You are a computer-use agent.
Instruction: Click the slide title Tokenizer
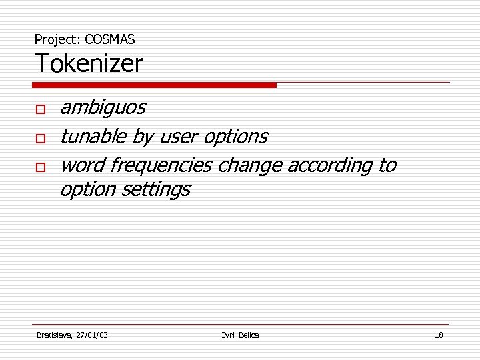coord(89,64)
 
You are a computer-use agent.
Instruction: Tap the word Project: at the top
coord(58,39)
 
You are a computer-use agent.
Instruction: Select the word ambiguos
coord(103,107)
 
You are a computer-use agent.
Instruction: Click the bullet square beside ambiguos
coord(41,109)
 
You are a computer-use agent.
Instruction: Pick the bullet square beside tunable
coord(41,138)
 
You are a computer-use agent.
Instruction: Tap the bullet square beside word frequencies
coord(41,167)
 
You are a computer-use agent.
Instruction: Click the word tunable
coord(93,137)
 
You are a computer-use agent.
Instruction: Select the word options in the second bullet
coord(235,137)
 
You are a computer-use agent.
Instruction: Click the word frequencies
coord(163,165)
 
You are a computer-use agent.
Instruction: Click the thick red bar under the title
coord(154,85)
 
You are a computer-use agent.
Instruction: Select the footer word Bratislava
coord(55,335)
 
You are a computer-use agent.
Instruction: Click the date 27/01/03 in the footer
coord(93,335)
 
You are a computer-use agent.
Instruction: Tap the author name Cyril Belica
coord(239,335)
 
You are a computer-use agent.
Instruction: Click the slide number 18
coord(438,335)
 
